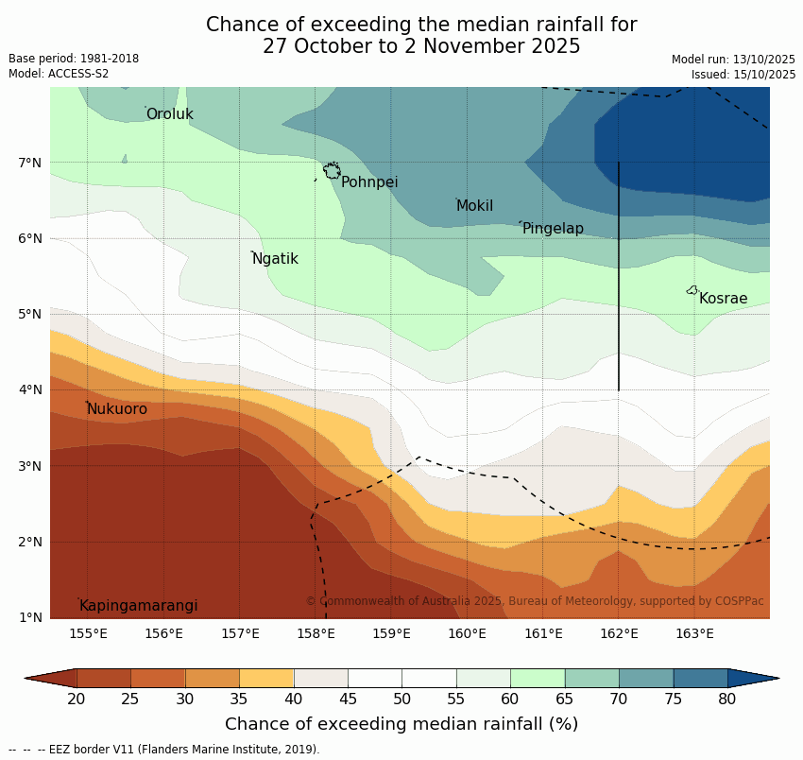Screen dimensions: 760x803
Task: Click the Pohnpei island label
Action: click(x=369, y=182)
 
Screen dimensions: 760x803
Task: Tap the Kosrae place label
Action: click(x=723, y=299)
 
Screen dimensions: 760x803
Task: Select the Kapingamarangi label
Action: click(x=138, y=606)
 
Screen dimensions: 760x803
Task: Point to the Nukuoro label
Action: click(x=117, y=409)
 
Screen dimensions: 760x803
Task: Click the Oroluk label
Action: click(x=169, y=114)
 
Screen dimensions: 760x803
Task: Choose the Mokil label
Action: click(x=474, y=206)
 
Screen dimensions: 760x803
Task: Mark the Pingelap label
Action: click(x=553, y=229)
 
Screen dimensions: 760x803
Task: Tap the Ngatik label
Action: click(x=275, y=259)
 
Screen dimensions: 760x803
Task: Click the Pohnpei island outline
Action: click(x=332, y=170)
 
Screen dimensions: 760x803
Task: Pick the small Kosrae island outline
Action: click(x=692, y=290)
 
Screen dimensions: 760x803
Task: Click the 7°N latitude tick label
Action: click(x=30, y=163)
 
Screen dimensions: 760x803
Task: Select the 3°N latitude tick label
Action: click(x=30, y=466)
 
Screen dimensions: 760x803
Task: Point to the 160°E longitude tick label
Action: click(x=467, y=633)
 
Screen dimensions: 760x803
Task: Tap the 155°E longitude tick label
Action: click(x=88, y=633)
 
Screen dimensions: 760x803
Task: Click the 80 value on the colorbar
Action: click(x=727, y=700)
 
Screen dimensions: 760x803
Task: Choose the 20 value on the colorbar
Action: click(x=77, y=700)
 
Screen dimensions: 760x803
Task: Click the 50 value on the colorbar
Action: click(x=402, y=700)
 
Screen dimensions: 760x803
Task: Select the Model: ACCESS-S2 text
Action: click(x=59, y=74)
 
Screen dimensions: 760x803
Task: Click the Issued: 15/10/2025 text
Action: click(x=743, y=75)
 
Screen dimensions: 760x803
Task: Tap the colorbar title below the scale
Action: click(x=401, y=724)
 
